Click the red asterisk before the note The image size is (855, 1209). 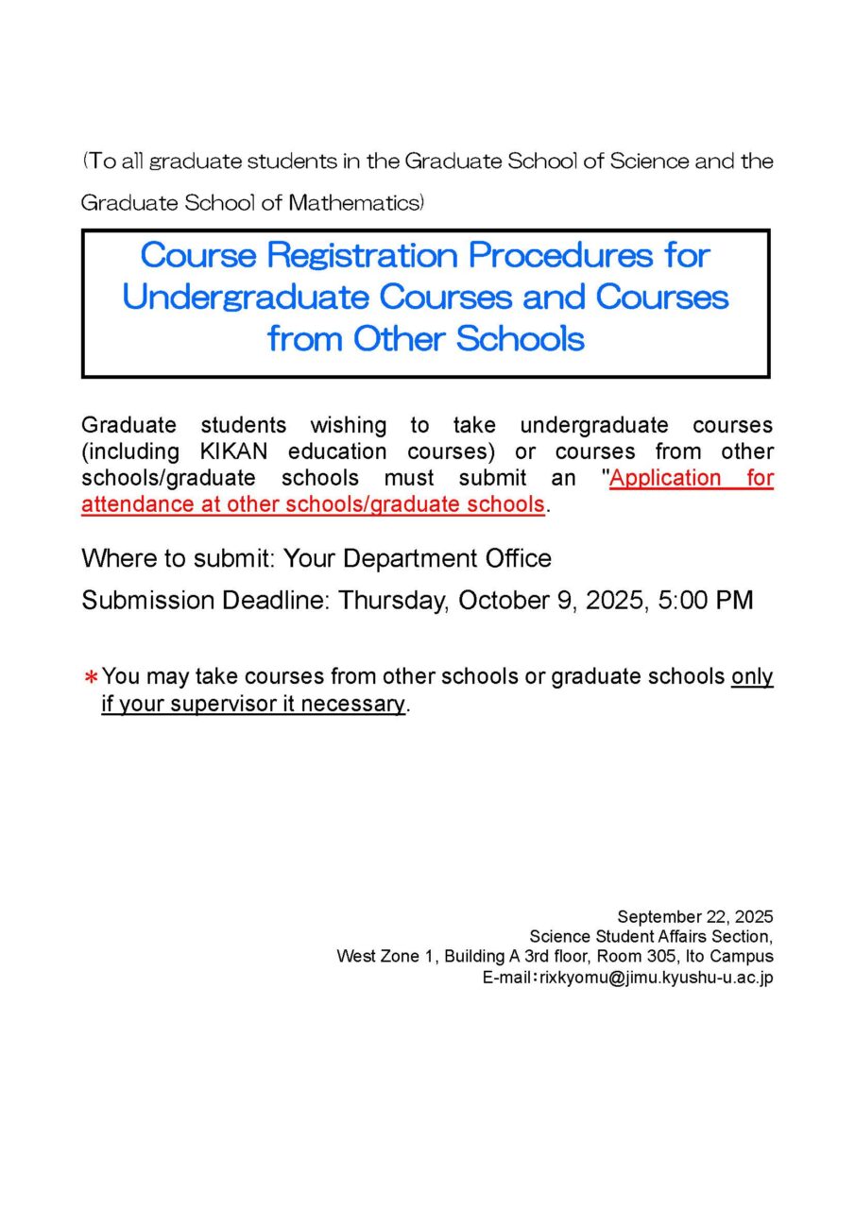tap(92, 678)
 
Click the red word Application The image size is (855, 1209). tap(666, 478)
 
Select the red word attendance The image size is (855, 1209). tap(137, 504)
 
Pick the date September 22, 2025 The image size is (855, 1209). tap(695, 916)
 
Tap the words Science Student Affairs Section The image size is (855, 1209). tap(651, 936)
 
